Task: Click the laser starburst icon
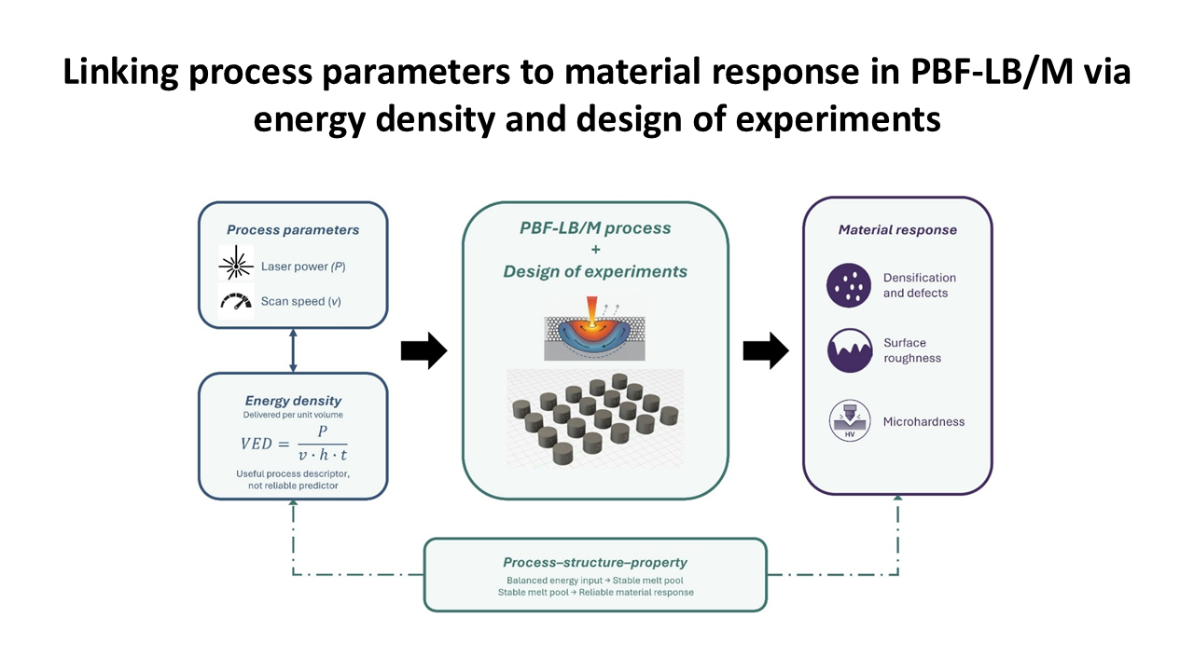click(236, 262)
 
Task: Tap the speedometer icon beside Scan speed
click(236, 301)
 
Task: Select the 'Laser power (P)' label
click(303, 267)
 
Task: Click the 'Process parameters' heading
click(293, 229)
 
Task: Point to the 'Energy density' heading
click(293, 401)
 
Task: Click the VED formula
click(294, 443)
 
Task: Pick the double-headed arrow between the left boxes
click(293, 350)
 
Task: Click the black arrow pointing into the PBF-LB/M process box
click(423, 350)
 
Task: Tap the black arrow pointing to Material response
click(766, 350)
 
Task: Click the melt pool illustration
click(594, 329)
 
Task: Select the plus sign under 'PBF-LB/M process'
click(595, 249)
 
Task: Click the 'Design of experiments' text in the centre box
click(595, 271)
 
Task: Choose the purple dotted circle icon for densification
click(849, 285)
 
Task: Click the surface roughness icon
click(850, 350)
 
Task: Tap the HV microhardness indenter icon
click(850, 420)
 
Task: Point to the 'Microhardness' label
click(923, 422)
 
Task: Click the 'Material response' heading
click(897, 229)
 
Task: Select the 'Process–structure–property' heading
click(595, 562)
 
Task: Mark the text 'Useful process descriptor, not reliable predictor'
click(293, 479)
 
